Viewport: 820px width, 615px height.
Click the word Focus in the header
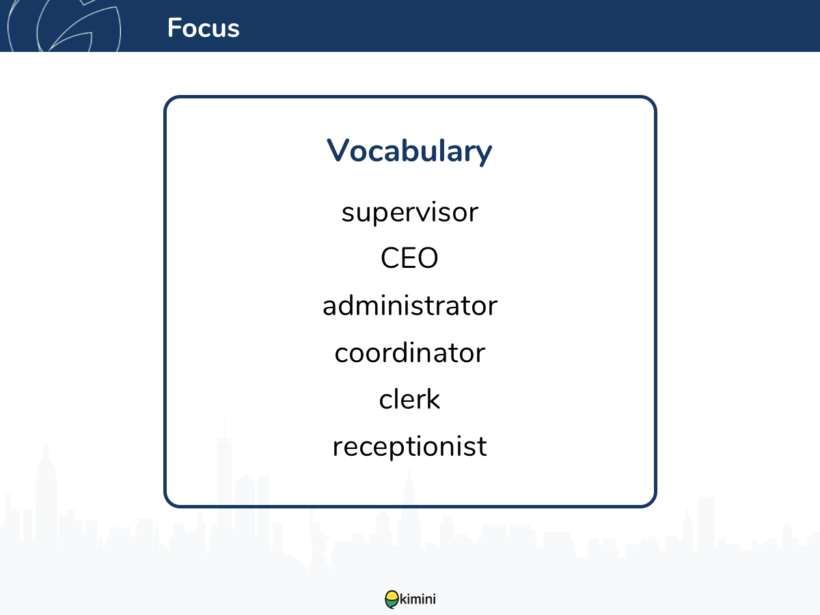tap(203, 27)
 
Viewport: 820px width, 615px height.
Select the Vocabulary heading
tap(409, 151)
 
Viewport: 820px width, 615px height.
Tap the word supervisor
tap(410, 213)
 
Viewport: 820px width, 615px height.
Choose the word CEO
tap(409, 258)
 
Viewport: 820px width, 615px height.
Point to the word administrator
tap(410, 305)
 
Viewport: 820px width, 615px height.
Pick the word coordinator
tap(410, 352)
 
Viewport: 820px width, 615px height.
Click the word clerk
tap(409, 398)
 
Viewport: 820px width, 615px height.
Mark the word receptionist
tap(410, 447)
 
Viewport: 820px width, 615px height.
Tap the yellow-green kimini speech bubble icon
tap(392, 599)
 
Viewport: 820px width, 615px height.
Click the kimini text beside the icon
tap(418, 599)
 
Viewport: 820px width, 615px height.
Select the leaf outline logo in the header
tap(64, 25)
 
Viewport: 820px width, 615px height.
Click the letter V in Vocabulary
tap(338, 150)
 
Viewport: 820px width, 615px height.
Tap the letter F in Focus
tap(174, 27)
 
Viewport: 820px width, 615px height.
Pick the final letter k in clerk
tap(433, 398)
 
